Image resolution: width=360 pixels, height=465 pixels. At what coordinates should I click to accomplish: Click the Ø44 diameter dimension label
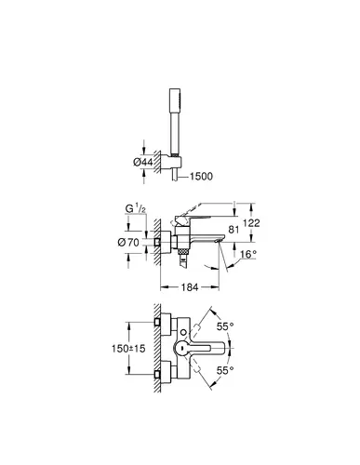coord(143,162)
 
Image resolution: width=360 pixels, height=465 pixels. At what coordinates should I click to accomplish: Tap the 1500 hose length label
coord(201,177)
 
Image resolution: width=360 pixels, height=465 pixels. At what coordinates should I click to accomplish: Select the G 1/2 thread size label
coord(136,208)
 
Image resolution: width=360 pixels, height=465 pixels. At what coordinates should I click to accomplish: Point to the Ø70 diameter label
coord(128,242)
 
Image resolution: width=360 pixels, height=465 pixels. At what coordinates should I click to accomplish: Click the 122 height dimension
coord(251,222)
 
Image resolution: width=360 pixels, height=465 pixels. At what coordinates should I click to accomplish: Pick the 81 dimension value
coord(233,230)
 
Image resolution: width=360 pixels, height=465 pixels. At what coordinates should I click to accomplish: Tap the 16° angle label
coord(248,254)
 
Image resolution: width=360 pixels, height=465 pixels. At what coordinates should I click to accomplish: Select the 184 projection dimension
coord(190,287)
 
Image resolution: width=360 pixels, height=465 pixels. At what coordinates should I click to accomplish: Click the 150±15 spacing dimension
coord(128,349)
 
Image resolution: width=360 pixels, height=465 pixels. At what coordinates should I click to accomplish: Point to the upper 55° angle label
coord(225,326)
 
